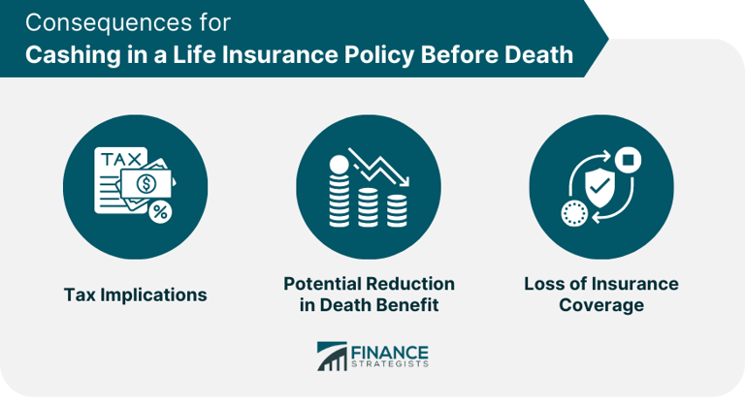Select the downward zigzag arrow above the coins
point(381,170)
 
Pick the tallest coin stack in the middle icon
point(340,195)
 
